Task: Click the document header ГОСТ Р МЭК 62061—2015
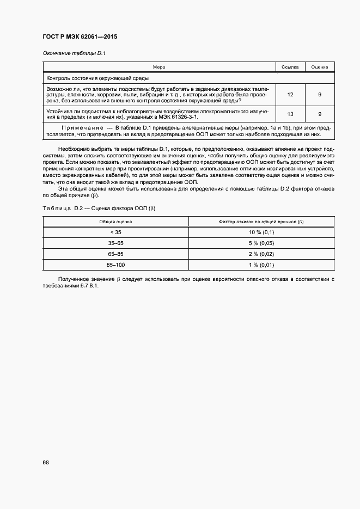click(x=80, y=37)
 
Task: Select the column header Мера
click(x=159, y=67)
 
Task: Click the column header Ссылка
click(x=290, y=67)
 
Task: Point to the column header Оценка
click(x=319, y=67)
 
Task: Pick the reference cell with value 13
click(x=290, y=114)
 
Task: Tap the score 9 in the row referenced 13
click(x=319, y=114)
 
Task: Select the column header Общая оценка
click(x=115, y=222)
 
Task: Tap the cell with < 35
click(x=115, y=232)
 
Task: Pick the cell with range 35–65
click(x=115, y=243)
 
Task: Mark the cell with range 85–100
click(x=115, y=265)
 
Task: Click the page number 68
click(x=46, y=463)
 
